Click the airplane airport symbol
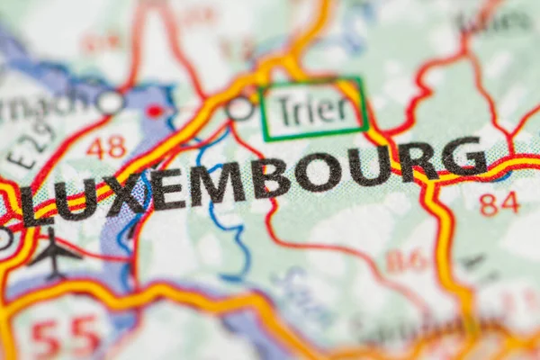point(54,253)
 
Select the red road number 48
point(106,148)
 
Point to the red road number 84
point(499,203)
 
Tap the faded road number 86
point(407,261)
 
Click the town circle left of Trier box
point(239,109)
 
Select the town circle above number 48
point(110,102)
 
